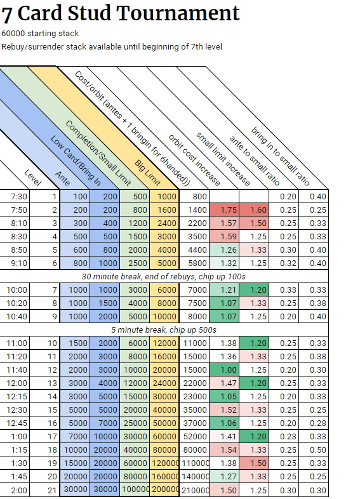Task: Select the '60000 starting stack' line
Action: point(40,34)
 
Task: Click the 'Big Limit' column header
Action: point(148,173)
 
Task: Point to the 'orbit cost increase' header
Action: point(194,160)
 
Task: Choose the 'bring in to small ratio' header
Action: point(281,156)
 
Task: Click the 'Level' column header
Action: point(33,178)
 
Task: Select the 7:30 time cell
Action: point(19,197)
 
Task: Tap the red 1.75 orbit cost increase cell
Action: point(224,210)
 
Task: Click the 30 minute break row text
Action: point(164,277)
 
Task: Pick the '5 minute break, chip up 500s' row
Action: point(164,329)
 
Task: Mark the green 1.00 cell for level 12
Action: point(224,369)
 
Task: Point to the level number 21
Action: point(52,490)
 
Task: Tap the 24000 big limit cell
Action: point(164,383)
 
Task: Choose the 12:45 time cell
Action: point(17,423)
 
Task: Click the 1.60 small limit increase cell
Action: point(254,210)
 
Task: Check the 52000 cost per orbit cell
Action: point(195,437)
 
